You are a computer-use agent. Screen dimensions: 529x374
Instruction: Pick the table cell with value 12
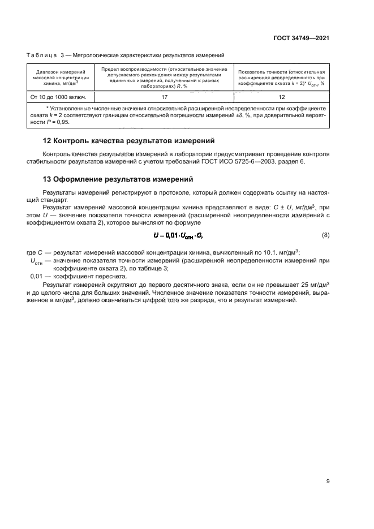pos(281,96)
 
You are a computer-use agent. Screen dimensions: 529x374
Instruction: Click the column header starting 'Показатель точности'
pos(281,77)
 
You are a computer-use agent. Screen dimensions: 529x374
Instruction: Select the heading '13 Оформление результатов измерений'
pos(118,179)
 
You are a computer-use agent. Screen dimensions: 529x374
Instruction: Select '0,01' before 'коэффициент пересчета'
pos(37,276)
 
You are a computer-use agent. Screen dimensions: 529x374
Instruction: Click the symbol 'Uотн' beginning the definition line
pos(37,260)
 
